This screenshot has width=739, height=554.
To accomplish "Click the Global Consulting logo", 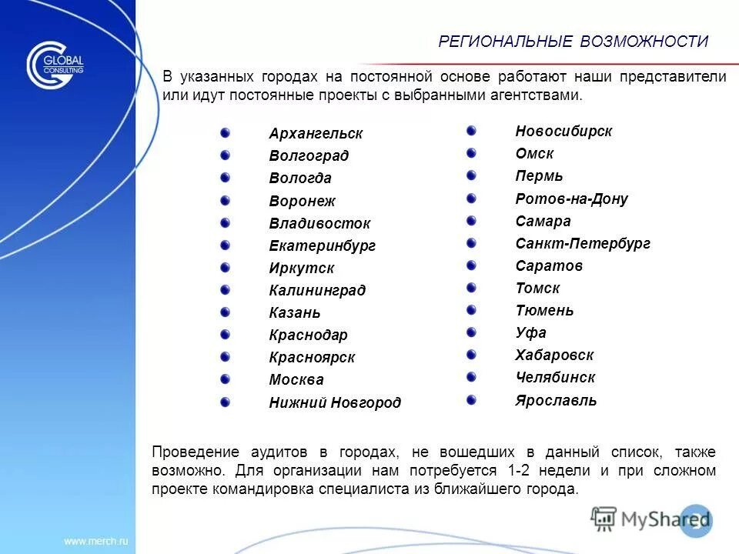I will click(x=55, y=65).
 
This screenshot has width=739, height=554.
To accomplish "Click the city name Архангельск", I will click(x=316, y=134).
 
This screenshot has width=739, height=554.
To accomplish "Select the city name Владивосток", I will click(x=319, y=224).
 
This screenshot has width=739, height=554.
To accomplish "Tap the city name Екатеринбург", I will click(x=323, y=246).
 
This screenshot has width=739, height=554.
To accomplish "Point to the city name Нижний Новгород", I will click(x=335, y=402).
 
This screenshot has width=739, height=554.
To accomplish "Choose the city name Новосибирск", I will click(x=563, y=132).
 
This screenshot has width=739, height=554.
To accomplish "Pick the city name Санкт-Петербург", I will click(x=583, y=244).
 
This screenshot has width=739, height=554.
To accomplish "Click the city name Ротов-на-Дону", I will click(x=571, y=199).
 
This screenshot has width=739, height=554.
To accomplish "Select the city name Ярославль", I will click(x=556, y=400).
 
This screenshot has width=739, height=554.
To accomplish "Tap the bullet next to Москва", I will click(x=225, y=379).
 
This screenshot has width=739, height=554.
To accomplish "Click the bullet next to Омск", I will click(x=471, y=153).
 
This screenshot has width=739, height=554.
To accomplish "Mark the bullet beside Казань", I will click(x=225, y=312).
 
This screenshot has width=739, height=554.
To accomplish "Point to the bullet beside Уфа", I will click(x=471, y=332).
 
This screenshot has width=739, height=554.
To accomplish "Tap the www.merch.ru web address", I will click(x=95, y=541).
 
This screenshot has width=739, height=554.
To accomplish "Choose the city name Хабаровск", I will click(x=554, y=355).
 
